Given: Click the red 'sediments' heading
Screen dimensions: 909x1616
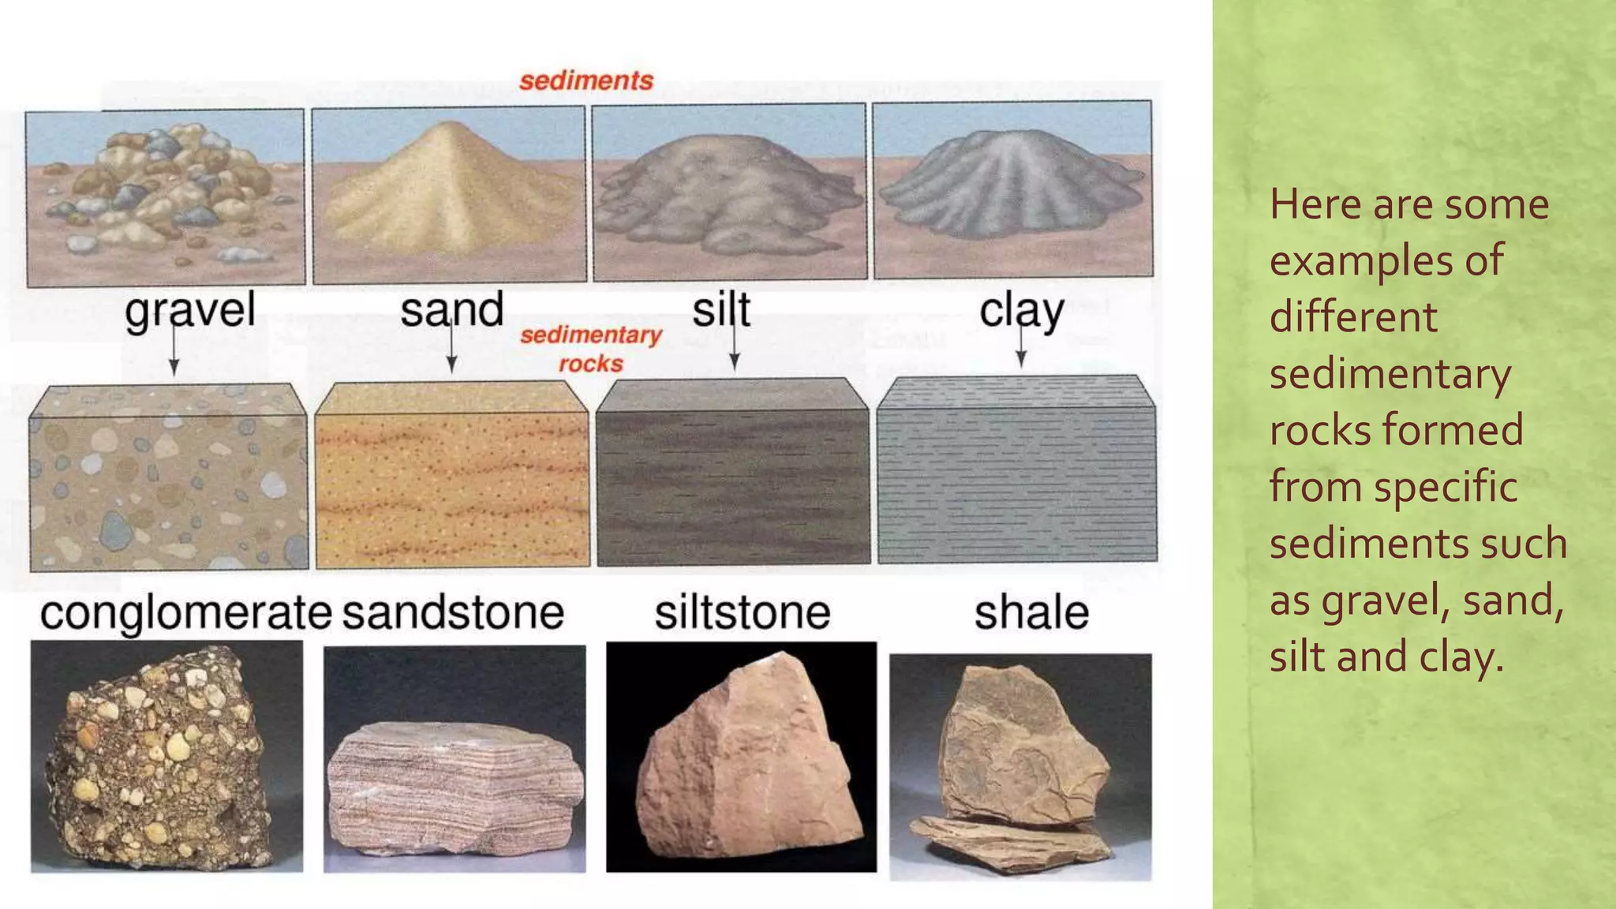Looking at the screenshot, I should pyautogui.click(x=586, y=80).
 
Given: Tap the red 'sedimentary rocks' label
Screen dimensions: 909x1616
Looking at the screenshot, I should pyautogui.click(x=591, y=349).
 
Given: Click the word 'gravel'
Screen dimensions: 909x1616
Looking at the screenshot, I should pyautogui.click(x=190, y=309).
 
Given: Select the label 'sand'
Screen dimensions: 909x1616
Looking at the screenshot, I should pyautogui.click(x=451, y=309).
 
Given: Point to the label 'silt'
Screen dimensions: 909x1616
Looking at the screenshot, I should pyautogui.click(x=721, y=309).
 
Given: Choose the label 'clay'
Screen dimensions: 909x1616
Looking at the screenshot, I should pyautogui.click(x=1021, y=311).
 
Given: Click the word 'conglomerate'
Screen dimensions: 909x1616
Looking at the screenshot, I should pyautogui.click(x=185, y=613).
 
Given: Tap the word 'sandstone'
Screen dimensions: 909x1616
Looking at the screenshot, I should pyautogui.click(x=453, y=613).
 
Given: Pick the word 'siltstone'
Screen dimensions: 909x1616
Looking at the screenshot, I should pyautogui.click(x=743, y=613).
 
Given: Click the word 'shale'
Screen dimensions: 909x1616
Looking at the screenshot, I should pyautogui.click(x=1031, y=613).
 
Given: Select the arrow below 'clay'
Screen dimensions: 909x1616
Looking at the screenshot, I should pyautogui.click(x=1021, y=350).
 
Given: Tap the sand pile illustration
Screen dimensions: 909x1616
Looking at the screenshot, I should pyautogui.click(x=449, y=189).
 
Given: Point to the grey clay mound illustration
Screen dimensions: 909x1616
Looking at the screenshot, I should pyautogui.click(x=1012, y=185).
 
